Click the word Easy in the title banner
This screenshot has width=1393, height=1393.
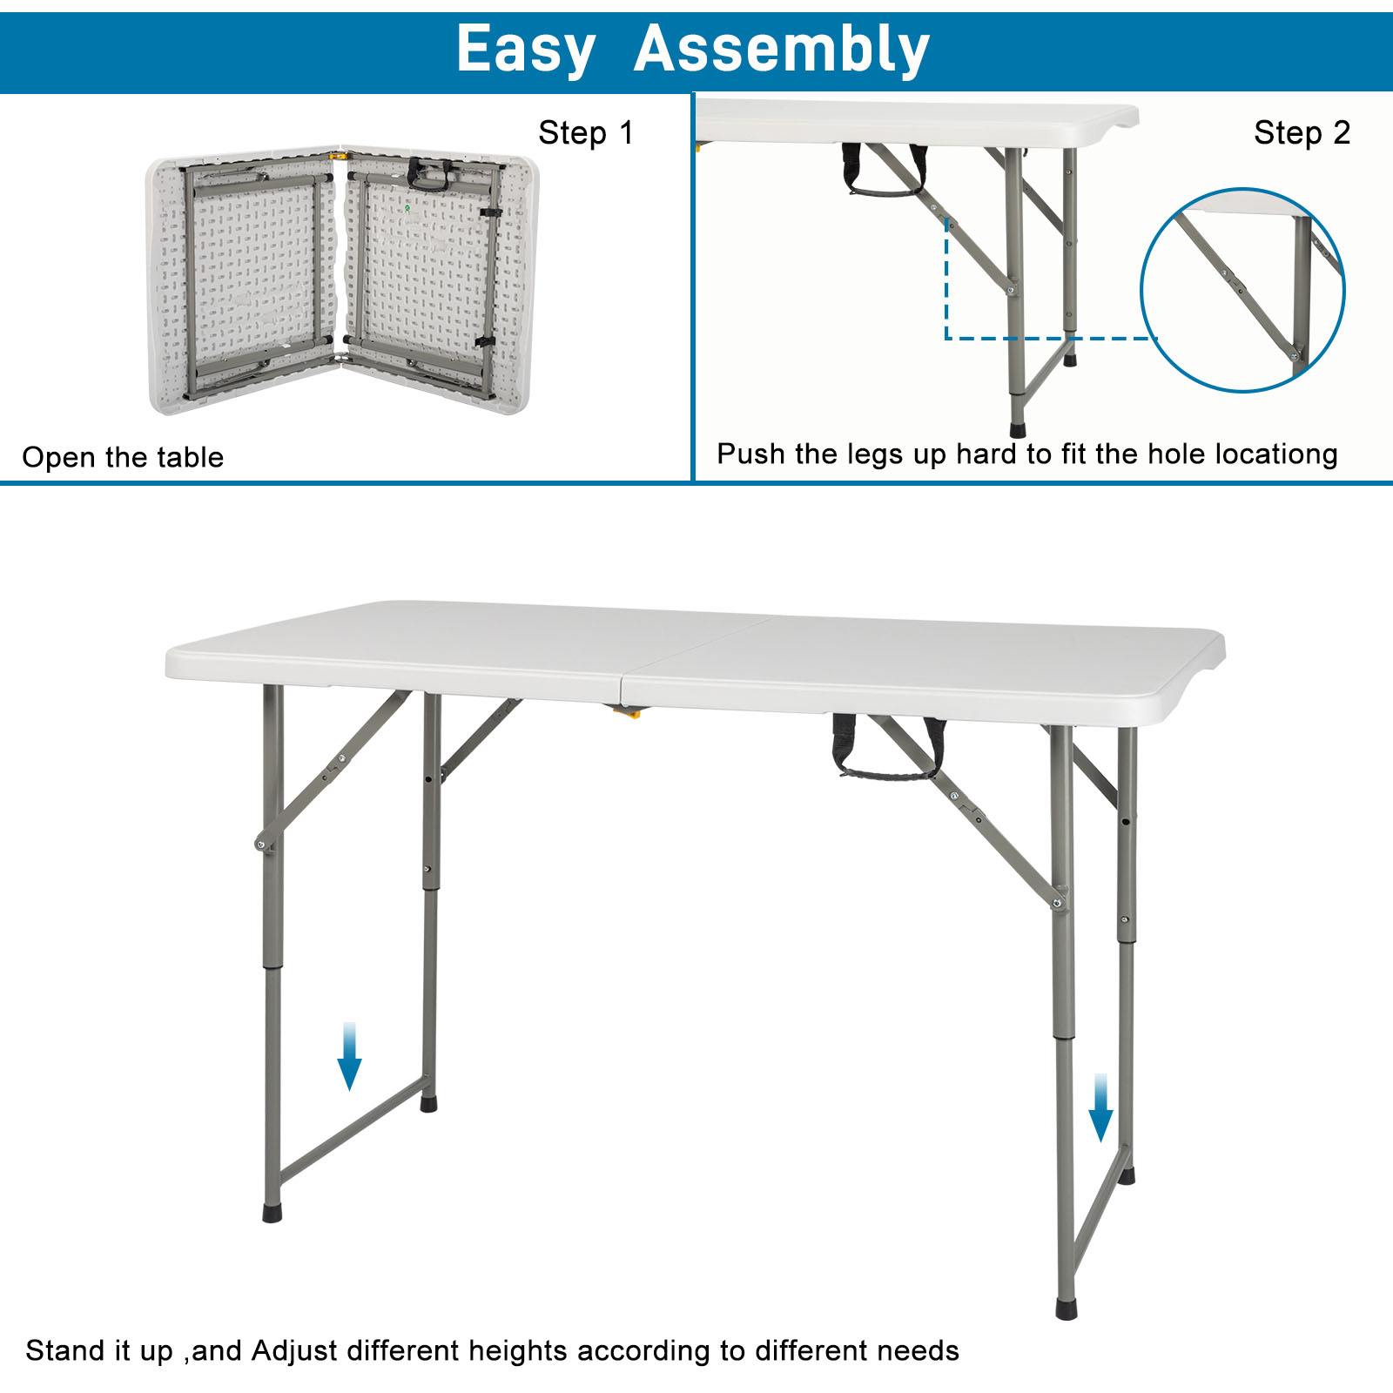525,50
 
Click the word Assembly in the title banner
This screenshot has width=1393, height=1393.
781,50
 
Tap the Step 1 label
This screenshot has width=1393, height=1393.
585,133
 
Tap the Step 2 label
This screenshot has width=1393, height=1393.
1302,133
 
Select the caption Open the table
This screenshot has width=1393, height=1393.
123,457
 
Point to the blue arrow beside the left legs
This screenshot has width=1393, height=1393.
349,1056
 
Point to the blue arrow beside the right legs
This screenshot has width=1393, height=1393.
1100,1107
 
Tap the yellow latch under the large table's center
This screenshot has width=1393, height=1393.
627,712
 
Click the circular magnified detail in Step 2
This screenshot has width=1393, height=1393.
1242,290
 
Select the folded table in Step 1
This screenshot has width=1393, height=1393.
341,280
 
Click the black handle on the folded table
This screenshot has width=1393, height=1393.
429,175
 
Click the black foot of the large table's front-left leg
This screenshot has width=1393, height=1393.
273,1213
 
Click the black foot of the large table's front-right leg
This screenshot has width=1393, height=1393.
1067,1309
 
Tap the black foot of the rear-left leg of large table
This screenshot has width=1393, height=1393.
428,1104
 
